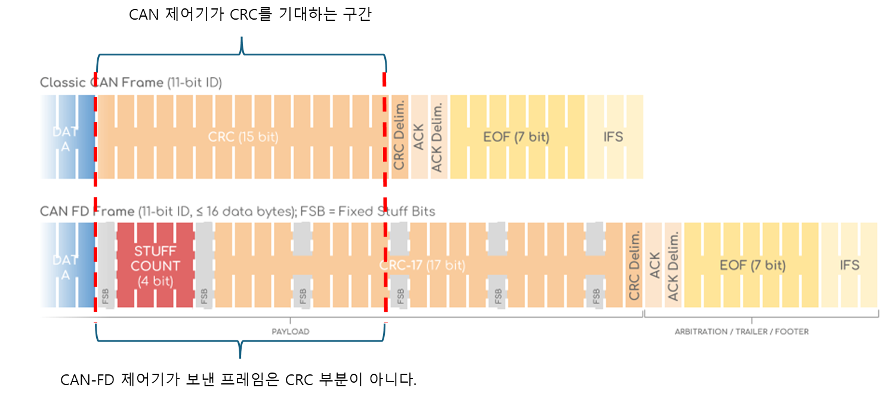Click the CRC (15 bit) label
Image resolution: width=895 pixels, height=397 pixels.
[243, 137]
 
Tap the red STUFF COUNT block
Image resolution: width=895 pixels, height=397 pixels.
[155, 266]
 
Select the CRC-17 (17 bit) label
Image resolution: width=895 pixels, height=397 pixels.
[422, 265]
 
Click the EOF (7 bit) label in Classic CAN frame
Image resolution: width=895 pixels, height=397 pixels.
[516, 137]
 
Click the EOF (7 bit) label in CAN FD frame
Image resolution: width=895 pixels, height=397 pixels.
[752, 265]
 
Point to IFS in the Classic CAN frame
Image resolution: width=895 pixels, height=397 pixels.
[613, 137]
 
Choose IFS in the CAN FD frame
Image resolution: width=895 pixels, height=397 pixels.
[849, 265]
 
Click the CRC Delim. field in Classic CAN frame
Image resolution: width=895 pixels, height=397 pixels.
[399, 137]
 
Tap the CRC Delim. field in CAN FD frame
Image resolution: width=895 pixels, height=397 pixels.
[634, 266]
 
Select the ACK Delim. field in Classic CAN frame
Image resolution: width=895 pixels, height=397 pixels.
[438, 137]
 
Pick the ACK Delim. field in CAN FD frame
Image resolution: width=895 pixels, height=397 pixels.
[673, 266]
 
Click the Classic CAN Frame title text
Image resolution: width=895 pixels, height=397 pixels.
[131, 83]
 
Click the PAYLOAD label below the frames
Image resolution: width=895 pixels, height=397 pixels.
[291, 331]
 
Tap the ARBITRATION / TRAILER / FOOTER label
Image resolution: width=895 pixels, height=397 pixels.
[742, 331]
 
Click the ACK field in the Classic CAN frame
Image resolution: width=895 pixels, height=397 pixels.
[419, 137]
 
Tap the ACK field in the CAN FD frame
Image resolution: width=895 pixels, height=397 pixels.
[654, 266]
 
